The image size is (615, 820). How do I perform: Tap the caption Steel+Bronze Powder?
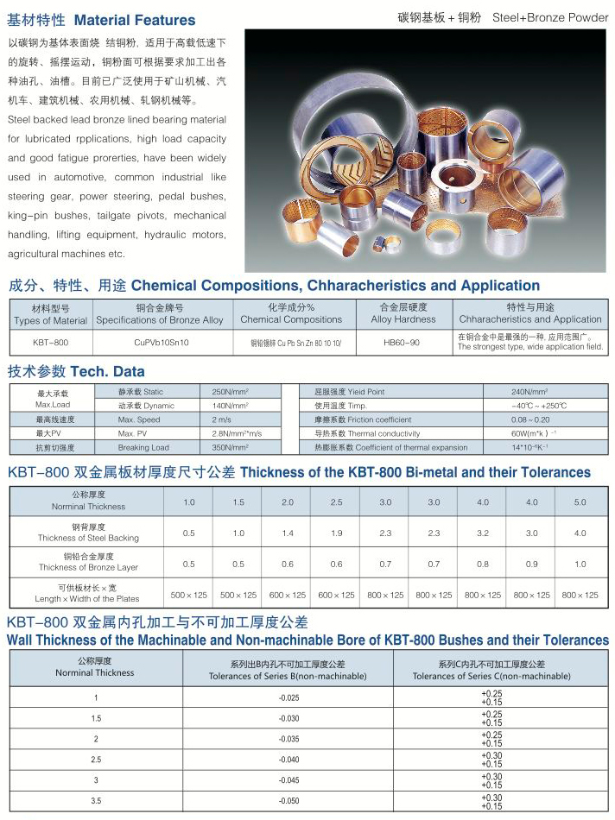click(550, 17)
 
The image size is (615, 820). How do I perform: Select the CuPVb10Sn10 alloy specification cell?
click(162, 343)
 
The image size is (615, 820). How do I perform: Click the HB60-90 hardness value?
click(401, 343)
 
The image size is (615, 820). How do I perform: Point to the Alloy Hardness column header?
click(403, 319)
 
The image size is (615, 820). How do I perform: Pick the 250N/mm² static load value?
click(230, 392)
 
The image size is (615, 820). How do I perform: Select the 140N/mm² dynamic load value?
click(230, 406)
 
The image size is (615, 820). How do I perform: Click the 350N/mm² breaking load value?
click(230, 448)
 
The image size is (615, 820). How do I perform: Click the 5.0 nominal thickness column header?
click(580, 502)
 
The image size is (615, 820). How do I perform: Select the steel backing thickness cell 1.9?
click(336, 533)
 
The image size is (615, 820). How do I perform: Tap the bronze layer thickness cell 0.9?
click(531, 564)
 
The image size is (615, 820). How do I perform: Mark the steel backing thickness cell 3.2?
click(482, 533)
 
